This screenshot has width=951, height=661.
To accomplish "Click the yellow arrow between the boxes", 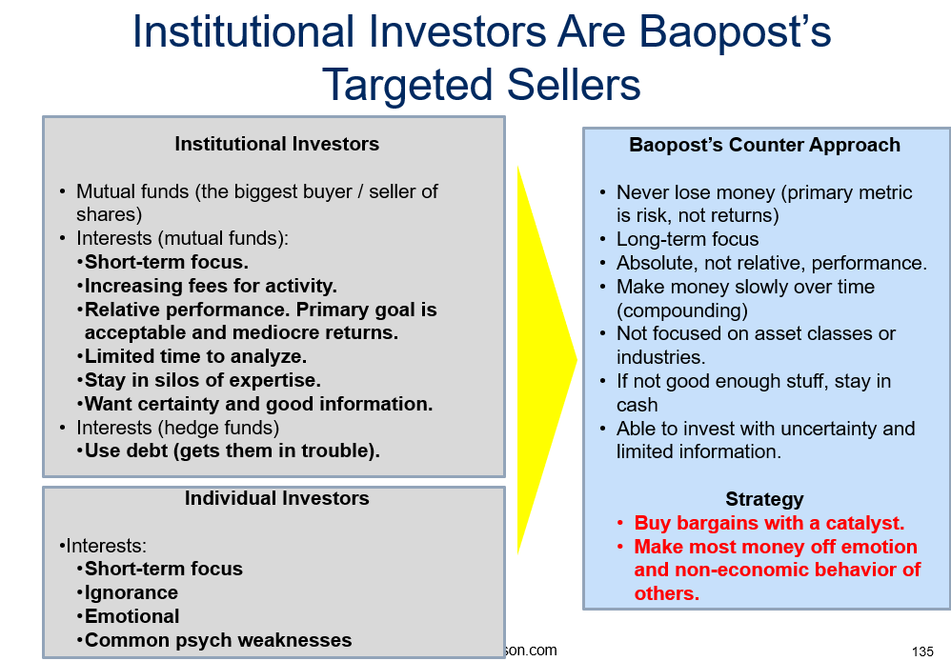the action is click(x=539, y=360).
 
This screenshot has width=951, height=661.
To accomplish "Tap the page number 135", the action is click(x=922, y=651).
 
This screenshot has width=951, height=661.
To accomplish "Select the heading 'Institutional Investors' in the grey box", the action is click(x=277, y=144).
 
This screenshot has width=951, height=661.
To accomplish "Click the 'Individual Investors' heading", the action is click(x=277, y=498).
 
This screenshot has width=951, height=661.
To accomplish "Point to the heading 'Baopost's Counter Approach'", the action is click(x=765, y=145).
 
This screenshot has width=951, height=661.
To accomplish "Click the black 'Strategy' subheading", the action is click(x=765, y=499).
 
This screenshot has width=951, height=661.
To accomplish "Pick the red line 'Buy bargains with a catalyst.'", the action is click(x=769, y=523).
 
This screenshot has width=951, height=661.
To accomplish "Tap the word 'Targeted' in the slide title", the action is click(x=408, y=85).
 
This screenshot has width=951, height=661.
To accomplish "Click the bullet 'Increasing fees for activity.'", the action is click(x=211, y=286).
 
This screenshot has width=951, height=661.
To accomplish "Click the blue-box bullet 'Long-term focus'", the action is click(x=687, y=239).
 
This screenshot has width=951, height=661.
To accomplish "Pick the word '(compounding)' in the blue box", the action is click(x=681, y=310).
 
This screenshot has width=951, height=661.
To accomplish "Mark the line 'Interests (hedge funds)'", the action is click(x=177, y=428).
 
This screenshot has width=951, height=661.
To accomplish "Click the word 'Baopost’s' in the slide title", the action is click(x=735, y=30).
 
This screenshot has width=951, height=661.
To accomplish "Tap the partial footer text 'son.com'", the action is click(x=531, y=651).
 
